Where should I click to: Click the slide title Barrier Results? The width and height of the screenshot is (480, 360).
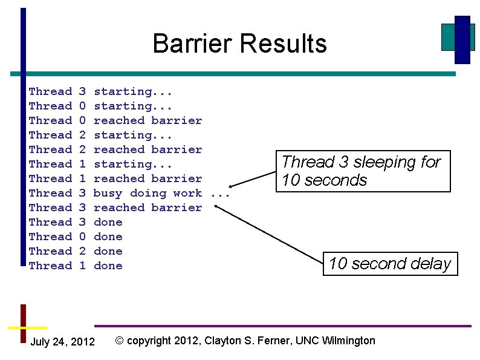239,44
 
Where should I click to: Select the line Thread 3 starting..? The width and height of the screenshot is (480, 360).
100,91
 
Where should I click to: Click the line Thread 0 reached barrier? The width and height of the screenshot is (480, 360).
115,120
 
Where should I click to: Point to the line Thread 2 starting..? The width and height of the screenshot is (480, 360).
100,135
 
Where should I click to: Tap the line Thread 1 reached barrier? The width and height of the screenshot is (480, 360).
115,178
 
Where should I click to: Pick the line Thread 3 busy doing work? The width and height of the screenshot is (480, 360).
129,193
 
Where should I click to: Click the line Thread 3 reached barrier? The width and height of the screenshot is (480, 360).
115,208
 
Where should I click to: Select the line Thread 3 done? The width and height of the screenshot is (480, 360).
76,222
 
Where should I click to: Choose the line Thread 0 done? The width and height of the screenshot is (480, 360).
76,237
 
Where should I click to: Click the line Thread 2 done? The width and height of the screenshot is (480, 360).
76,251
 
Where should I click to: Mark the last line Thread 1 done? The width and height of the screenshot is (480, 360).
76,266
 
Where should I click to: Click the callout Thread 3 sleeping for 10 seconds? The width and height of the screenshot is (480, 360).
363,171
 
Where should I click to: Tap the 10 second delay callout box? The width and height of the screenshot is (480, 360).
389,264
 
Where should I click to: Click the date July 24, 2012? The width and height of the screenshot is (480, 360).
62,342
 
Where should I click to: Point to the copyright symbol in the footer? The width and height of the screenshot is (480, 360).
120,341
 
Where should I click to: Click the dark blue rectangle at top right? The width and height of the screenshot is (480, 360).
462,39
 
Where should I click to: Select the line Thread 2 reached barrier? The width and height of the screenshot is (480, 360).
115,149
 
